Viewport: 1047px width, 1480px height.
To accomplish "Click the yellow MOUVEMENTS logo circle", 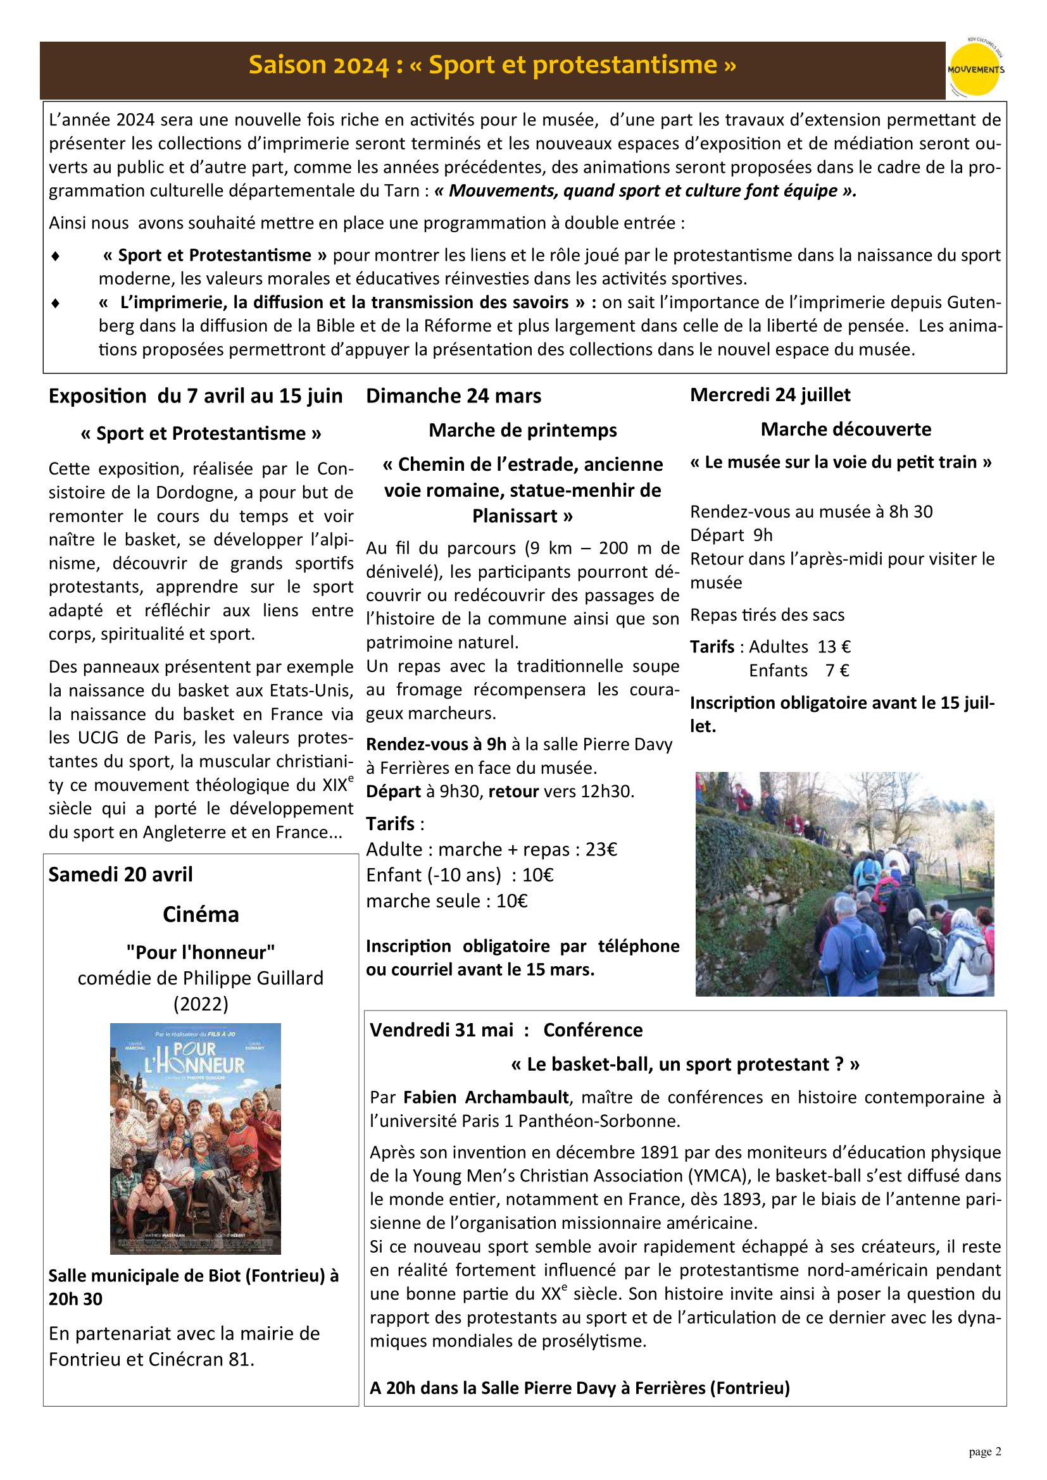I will coord(975,70).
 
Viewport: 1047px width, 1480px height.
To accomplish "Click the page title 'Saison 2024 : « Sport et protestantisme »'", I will coord(492,65).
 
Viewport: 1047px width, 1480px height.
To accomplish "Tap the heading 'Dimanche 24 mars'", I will coord(453,395).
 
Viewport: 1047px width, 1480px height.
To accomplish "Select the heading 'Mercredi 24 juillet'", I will coord(770,394).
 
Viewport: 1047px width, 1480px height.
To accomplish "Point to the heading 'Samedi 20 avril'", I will coord(120,874).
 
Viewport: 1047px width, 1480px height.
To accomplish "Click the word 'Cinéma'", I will coord(201,914).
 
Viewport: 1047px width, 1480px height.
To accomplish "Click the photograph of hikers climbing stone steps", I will coord(844,884).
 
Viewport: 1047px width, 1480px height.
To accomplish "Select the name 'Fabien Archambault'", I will coord(486,1097).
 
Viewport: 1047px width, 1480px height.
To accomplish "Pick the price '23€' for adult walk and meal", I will coord(601,850).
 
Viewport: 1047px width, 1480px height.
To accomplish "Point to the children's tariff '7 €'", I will coord(837,670).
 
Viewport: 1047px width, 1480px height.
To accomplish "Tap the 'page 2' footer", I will coord(984,1452).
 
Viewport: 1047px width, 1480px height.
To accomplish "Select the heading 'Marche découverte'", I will coord(846,429).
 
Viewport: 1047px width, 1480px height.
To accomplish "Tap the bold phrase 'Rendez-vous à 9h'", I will coord(436,745).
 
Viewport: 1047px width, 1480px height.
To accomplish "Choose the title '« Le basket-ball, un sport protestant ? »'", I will coord(685,1064).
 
